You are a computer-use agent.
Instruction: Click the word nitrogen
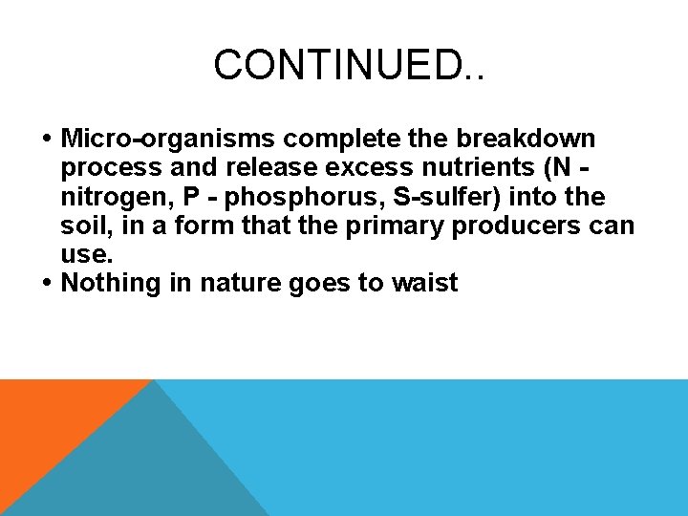point(116,197)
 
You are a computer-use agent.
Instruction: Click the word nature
point(244,283)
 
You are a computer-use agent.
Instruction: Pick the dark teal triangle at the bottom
point(143,468)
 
